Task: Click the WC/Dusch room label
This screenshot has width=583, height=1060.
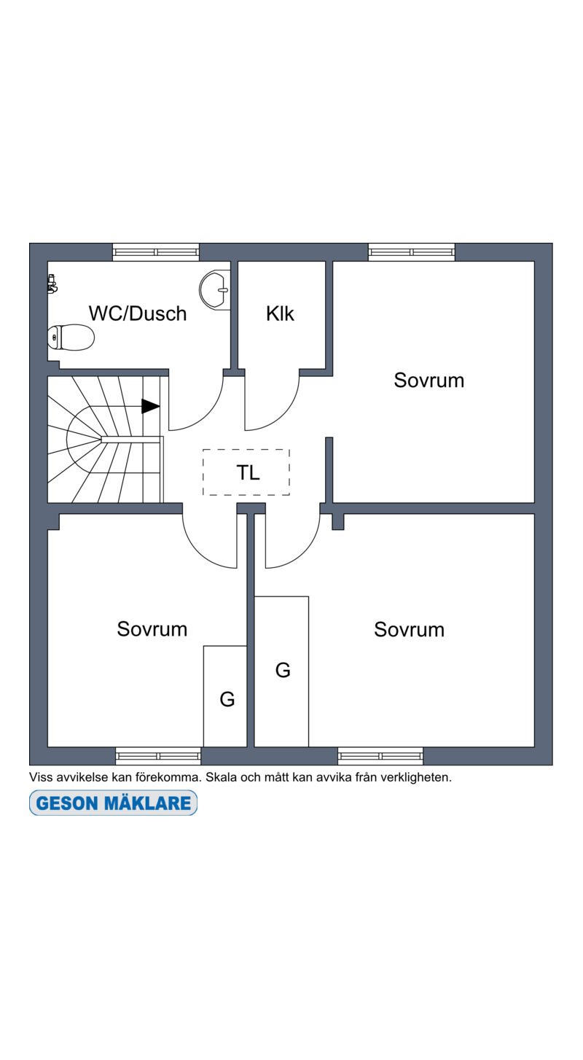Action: coord(138,313)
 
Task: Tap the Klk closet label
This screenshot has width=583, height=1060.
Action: coord(280,313)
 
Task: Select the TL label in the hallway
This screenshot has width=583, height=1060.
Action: coord(248,472)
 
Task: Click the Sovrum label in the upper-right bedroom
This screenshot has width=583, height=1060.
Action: coord(429,381)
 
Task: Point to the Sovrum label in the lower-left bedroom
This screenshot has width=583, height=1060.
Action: coord(152,629)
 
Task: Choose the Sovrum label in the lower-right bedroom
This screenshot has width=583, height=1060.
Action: coord(409,630)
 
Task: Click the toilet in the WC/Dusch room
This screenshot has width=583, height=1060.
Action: coord(71,338)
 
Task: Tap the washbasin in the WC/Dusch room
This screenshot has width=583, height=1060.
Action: coord(214,290)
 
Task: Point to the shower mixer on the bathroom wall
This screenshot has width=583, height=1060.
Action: coord(52,284)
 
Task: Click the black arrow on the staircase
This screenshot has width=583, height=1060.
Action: coord(150,406)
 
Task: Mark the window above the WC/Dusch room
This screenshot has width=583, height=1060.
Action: coord(156,252)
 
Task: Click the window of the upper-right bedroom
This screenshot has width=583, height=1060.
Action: coord(412,252)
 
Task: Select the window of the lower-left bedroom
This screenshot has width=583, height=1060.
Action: coord(158,756)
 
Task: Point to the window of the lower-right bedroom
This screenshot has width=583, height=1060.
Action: coord(380,756)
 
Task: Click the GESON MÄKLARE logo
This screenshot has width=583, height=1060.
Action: coord(113,803)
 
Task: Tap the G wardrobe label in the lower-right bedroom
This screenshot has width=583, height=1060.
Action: coord(283,670)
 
